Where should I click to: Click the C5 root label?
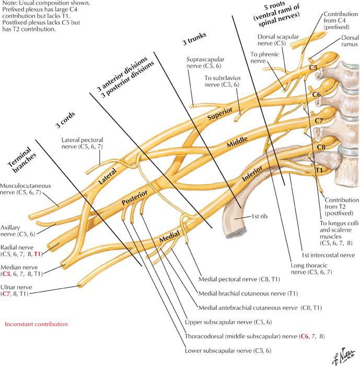pyautogui.click(x=313, y=68)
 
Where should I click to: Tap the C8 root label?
pyautogui.click(x=321, y=147)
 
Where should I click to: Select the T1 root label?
pyautogui.click(x=318, y=170)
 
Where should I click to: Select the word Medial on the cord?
pyautogui.click(x=170, y=238)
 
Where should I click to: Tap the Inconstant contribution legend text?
pyautogui.click(x=36, y=324)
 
